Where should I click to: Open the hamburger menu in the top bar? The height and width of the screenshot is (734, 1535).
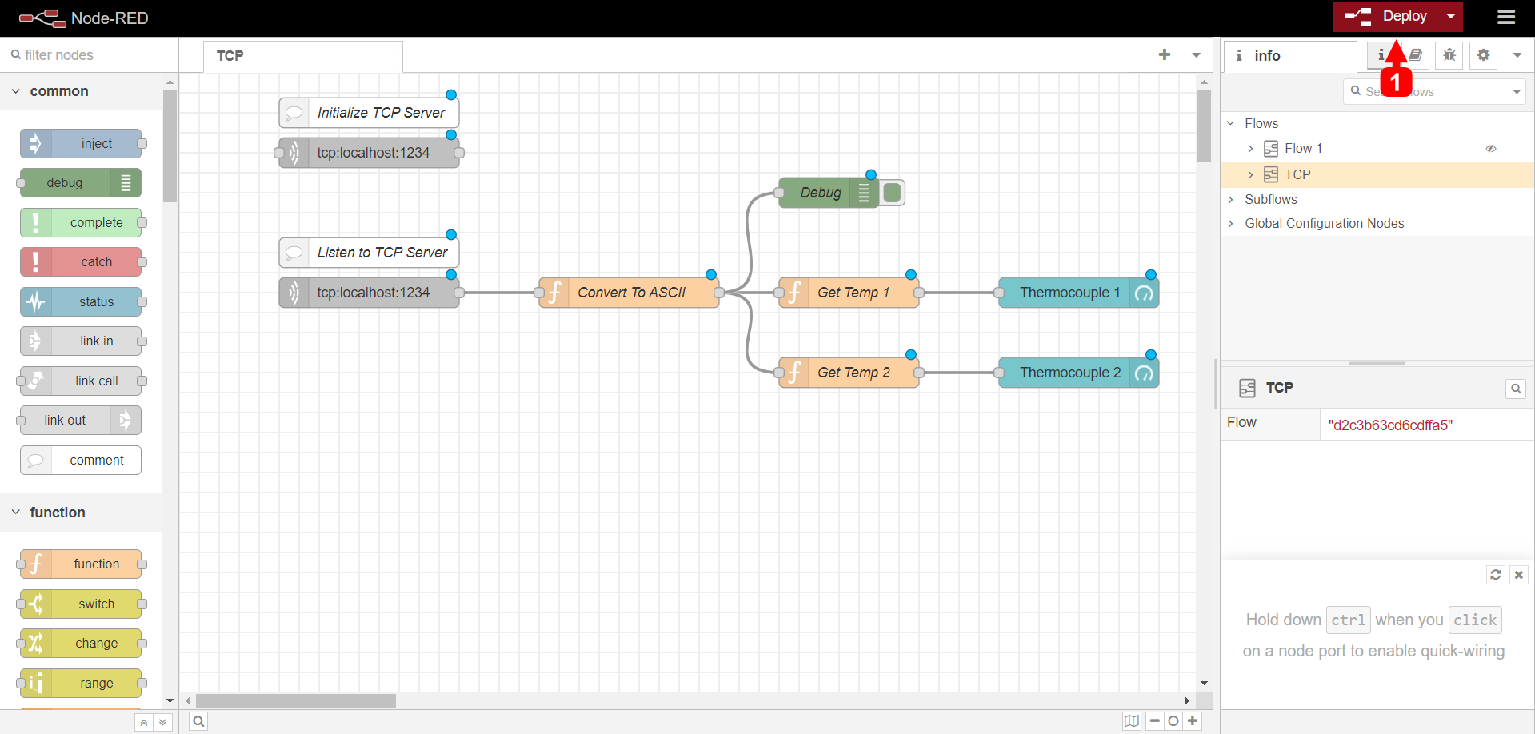[1506, 17]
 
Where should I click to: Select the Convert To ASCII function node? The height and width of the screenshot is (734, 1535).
[630, 293]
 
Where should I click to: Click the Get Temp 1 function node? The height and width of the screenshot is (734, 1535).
[853, 293]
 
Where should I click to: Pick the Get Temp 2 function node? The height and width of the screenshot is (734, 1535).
[853, 373]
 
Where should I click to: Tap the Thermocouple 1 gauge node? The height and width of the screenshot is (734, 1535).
[1069, 293]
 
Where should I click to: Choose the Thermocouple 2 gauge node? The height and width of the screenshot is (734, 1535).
[1069, 373]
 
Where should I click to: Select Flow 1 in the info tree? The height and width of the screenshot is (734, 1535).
[1303, 149]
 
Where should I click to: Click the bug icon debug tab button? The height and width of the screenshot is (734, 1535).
[1449, 55]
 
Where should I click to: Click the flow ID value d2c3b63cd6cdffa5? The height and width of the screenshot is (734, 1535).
[1390, 425]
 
